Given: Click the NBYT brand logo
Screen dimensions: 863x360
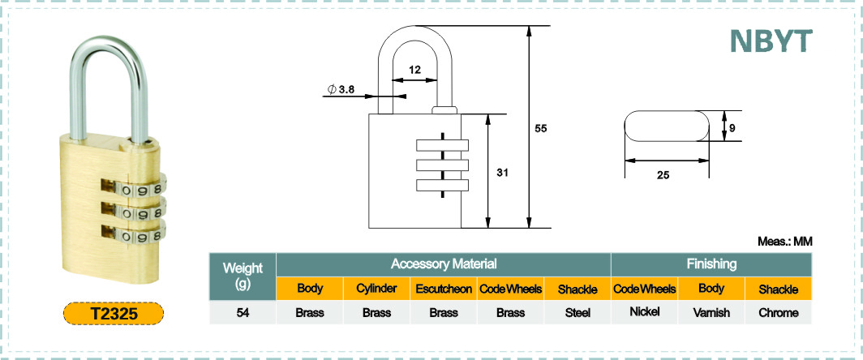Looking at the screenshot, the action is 771,41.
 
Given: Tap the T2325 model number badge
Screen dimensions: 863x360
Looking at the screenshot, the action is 114,313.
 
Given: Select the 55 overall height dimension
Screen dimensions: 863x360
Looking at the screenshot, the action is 540,128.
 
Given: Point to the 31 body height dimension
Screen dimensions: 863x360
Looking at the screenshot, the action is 501,172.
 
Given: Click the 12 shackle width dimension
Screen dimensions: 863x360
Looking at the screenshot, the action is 414,70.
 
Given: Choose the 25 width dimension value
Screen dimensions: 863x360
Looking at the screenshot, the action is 663,176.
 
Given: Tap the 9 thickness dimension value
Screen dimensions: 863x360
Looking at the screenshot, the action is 732,128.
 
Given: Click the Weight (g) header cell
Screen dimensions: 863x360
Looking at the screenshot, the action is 243,276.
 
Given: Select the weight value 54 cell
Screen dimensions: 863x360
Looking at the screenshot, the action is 243,313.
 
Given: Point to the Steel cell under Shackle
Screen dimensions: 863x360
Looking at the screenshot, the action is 577,313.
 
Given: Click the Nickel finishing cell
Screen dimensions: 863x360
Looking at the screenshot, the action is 645,312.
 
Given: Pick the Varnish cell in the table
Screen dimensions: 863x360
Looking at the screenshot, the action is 711,313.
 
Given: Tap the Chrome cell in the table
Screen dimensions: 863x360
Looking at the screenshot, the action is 779,313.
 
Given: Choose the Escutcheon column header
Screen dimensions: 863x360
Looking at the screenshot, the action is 444,289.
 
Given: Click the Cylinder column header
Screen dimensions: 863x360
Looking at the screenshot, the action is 376,289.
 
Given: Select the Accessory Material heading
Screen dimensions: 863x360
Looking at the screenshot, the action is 444,264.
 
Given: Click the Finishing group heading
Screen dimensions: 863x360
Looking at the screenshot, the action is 711,264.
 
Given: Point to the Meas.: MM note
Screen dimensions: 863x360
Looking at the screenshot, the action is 785,241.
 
